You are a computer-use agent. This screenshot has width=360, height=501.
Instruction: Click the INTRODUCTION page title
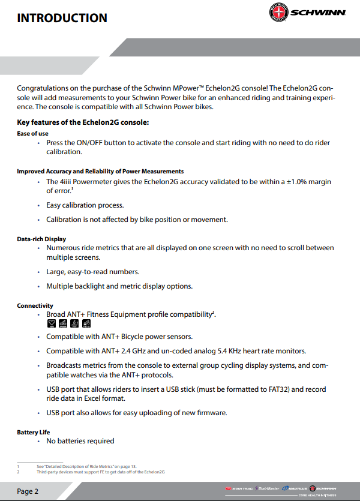tap(62, 17)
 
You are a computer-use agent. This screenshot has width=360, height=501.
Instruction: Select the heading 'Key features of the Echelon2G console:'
tap(83, 122)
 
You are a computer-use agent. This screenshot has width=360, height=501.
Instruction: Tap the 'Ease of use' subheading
tap(32, 133)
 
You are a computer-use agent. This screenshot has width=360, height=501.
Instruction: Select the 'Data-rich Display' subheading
tap(41, 239)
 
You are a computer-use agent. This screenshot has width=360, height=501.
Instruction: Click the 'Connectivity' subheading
tap(35, 305)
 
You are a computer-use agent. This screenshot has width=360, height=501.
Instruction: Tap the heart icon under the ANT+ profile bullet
tap(52, 324)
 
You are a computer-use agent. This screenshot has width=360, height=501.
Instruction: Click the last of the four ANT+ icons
tap(86, 324)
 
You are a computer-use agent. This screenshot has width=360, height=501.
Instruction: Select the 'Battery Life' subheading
tap(34, 432)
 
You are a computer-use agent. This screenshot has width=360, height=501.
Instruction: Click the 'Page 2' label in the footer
tap(28, 491)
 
